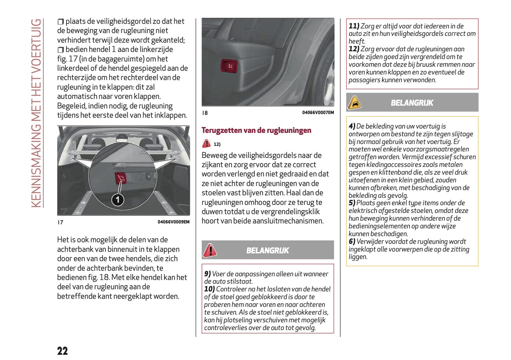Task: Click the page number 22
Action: tap(62, 351)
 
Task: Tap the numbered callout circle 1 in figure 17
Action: tap(118, 200)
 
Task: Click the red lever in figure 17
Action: tap(120, 179)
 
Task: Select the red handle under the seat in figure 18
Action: tap(229, 66)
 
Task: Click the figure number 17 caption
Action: tap(60, 222)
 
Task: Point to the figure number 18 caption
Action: tap(205, 113)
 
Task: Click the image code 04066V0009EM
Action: tap(173, 222)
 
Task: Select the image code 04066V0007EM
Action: tap(318, 113)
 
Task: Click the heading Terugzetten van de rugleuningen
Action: tap(256, 130)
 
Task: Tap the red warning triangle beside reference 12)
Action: tap(206, 144)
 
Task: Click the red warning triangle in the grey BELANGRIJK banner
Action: tap(210, 250)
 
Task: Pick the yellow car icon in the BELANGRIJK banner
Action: tap(354, 103)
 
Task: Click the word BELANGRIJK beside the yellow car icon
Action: tap(412, 103)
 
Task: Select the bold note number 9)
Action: tap(208, 274)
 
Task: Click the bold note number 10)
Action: tap(209, 289)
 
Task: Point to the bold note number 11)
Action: tap(354, 26)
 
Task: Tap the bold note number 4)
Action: tap(352, 126)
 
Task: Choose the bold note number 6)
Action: tap(352, 242)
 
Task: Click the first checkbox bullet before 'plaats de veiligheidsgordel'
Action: tap(61, 22)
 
